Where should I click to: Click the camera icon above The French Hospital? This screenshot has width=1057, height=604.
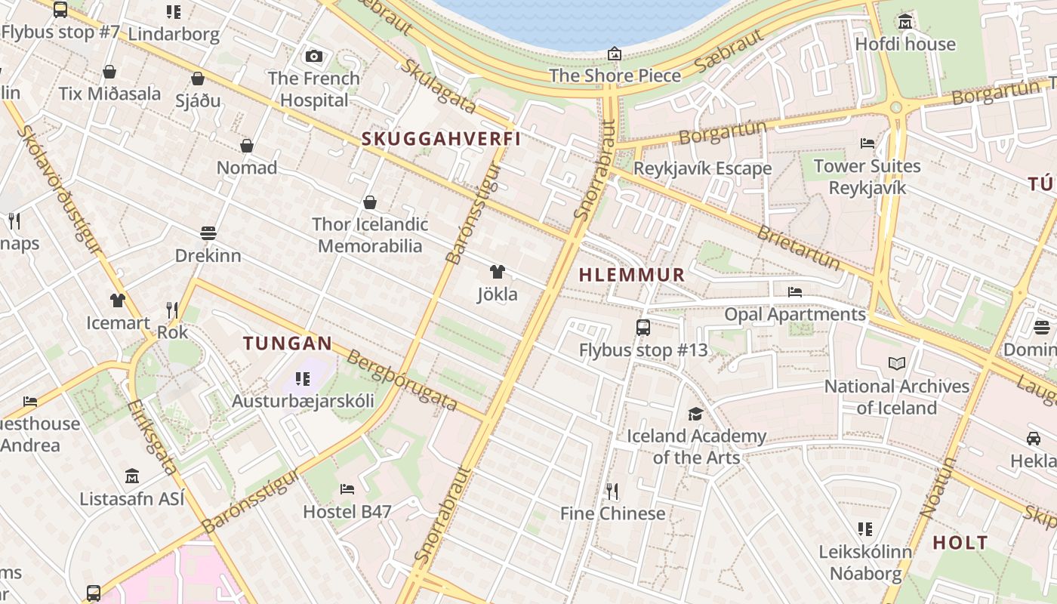click(x=314, y=56)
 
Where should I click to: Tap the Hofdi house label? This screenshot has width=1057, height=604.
click(x=905, y=44)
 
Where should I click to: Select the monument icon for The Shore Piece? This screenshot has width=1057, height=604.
click(x=615, y=54)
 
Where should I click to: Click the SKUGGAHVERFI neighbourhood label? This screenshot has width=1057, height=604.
click(x=441, y=139)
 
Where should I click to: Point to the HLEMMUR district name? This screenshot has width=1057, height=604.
click(x=632, y=275)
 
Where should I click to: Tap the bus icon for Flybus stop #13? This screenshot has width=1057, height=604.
click(x=643, y=328)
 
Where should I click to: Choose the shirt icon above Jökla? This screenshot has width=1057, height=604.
click(x=497, y=272)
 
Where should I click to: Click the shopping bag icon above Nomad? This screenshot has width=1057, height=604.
click(x=247, y=146)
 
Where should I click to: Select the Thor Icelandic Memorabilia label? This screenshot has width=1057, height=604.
click(x=370, y=235)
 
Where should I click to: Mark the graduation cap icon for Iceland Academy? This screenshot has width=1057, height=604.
click(x=695, y=414)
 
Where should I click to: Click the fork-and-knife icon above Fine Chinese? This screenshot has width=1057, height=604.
click(x=612, y=492)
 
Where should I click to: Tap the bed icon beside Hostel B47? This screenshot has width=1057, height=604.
click(x=347, y=489)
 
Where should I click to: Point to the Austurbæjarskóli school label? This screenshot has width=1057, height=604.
click(x=303, y=401)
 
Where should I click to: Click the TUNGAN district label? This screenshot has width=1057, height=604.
click(x=287, y=344)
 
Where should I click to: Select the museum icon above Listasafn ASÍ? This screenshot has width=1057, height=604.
click(x=132, y=476)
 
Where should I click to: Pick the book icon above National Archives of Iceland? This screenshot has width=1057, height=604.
click(x=896, y=364)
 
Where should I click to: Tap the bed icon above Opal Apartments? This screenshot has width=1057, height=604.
click(x=794, y=291)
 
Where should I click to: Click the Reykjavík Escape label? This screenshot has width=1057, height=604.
click(x=702, y=168)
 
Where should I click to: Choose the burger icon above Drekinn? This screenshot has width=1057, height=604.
click(x=208, y=233)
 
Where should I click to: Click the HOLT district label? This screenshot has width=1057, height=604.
click(x=960, y=542)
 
